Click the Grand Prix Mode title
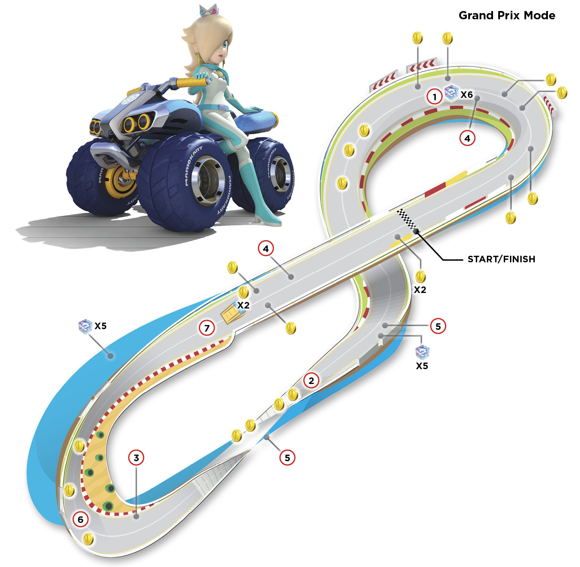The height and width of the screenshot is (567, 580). (x=507, y=16)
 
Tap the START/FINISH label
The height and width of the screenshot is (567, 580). (x=501, y=259)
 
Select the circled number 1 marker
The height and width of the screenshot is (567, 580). (x=435, y=97)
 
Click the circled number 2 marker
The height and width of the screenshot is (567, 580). (x=311, y=381)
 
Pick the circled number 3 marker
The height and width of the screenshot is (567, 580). (x=136, y=458)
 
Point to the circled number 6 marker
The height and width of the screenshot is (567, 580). (x=80, y=519)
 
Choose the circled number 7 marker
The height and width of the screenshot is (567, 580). (x=207, y=328)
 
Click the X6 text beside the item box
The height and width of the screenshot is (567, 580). (x=467, y=94)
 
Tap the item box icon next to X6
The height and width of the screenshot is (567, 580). (x=451, y=92)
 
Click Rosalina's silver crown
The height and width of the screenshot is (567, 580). (x=209, y=10)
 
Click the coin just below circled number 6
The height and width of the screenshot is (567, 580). (x=88, y=539)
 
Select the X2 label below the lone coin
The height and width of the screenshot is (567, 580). (x=420, y=290)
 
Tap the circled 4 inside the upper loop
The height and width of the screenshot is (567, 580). (x=467, y=138)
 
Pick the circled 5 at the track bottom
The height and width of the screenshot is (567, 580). (x=287, y=458)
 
